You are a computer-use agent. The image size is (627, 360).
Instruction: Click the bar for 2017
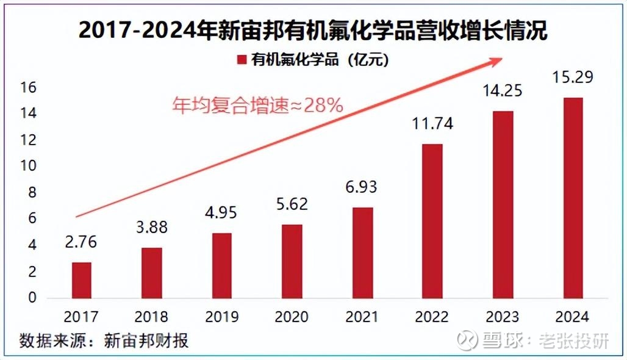81,280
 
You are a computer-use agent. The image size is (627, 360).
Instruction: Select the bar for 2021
362,253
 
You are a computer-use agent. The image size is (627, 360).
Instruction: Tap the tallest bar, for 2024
572,198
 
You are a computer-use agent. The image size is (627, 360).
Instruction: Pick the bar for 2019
222,265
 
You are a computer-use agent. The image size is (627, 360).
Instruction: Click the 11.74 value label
432,124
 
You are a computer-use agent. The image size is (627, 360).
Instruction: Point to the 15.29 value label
572,79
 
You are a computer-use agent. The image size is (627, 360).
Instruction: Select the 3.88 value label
152,228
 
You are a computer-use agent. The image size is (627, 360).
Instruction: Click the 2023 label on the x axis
502,317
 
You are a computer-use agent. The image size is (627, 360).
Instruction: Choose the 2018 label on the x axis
152,317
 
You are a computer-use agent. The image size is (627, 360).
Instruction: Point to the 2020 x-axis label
292,317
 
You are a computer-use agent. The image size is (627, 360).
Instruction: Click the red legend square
241,60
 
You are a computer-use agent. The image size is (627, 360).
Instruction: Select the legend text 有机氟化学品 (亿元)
320,60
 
